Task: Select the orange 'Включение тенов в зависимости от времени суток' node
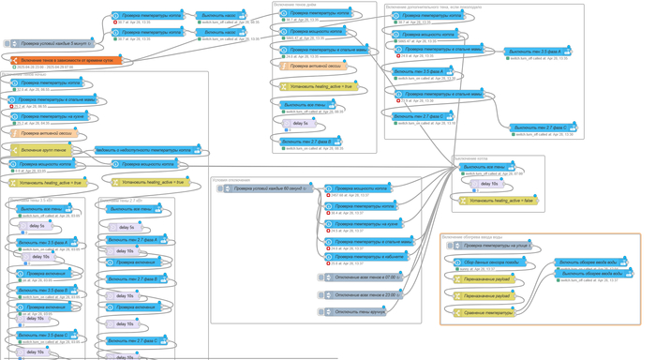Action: (x=66, y=60)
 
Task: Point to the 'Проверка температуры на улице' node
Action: (x=494, y=246)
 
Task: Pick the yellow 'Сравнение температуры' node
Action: (x=487, y=312)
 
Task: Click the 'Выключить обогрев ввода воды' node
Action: (x=593, y=274)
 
